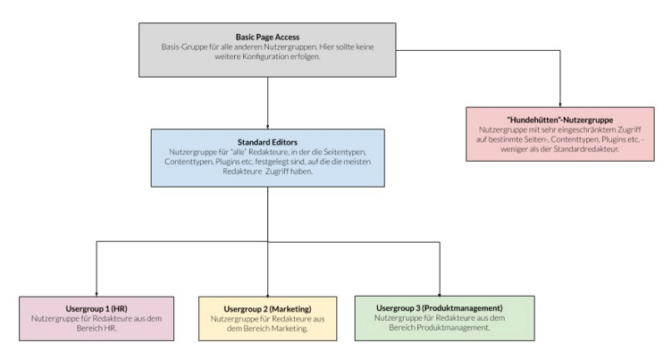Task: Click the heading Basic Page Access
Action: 267,38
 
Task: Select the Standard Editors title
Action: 267,142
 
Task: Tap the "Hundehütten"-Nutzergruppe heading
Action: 559,120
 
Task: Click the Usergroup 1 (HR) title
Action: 97,308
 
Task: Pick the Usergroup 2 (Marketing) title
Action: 267,309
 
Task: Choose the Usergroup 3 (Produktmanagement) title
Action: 440,307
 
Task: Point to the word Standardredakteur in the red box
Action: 586,149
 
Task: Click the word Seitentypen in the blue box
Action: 345,152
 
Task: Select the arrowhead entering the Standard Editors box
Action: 267,127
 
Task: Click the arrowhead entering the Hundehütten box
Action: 559,105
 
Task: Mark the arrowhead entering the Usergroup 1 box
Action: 97,295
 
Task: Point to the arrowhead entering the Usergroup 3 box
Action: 440,294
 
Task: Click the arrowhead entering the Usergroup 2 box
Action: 267,295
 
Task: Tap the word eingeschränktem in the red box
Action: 587,130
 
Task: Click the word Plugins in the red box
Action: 614,139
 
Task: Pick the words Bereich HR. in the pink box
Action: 97,328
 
